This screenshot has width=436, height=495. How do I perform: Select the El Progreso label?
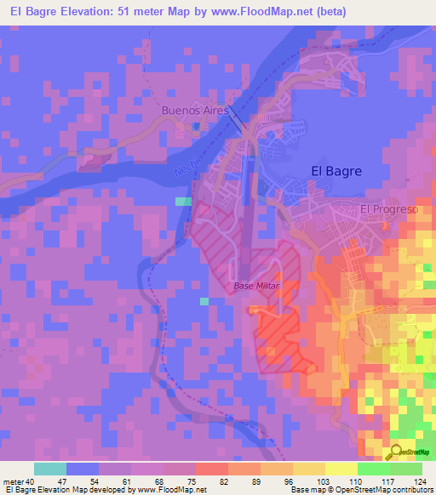point(389,209)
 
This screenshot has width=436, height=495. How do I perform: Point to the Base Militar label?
point(256,287)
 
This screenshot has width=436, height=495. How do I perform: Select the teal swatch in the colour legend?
point(50,469)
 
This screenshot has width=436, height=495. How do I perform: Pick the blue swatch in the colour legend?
point(83,469)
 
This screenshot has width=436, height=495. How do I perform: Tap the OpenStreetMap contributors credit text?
point(390,490)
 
